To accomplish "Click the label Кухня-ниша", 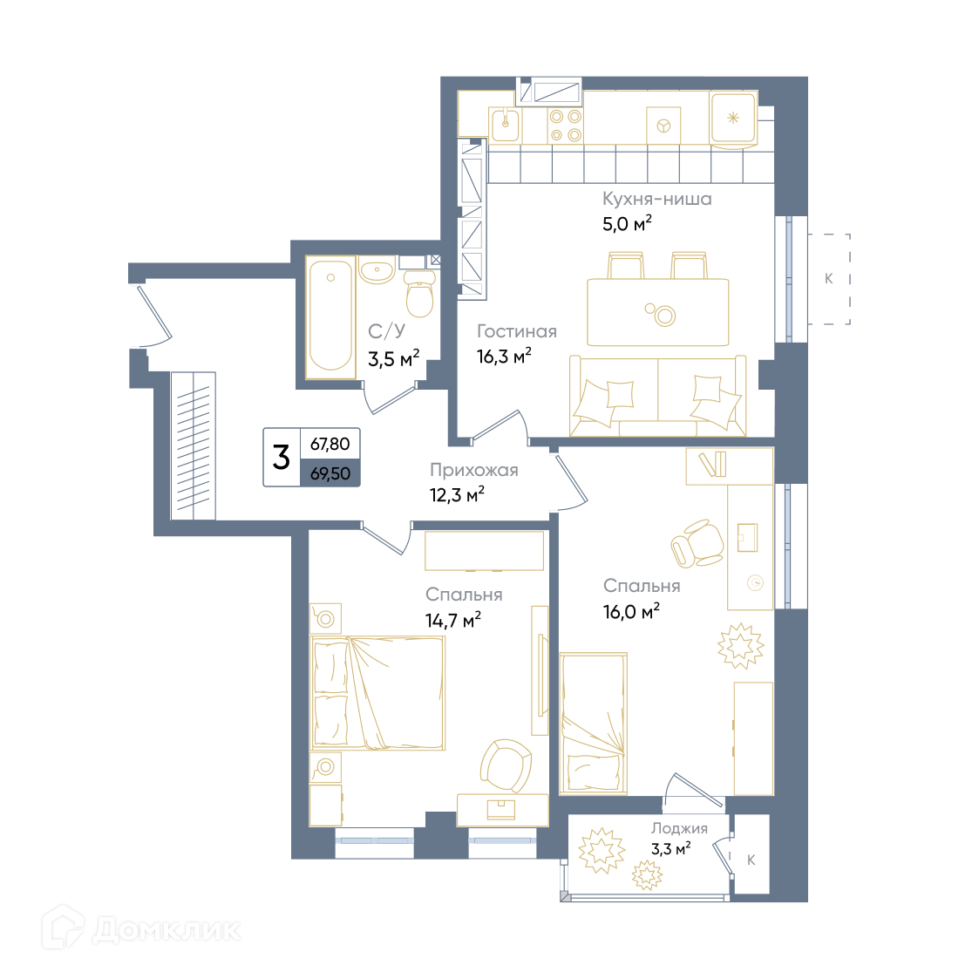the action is (656, 199).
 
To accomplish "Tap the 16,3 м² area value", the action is (504, 356).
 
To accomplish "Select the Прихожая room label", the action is (474, 470).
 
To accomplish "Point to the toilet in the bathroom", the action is (419, 294).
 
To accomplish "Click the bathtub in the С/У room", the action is (330, 317).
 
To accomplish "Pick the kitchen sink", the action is (505, 125).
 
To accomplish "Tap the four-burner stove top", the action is (566, 126).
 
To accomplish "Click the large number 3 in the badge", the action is (281, 457).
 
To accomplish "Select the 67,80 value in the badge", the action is (330, 444).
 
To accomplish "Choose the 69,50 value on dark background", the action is (330, 474).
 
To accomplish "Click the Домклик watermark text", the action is (167, 930).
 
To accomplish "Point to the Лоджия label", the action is (679, 828).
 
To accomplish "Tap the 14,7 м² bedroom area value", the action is (453, 620).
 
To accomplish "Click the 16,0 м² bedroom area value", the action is (631, 611).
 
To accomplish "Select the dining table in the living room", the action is (658, 312).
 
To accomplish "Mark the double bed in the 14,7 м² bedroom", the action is (377, 693).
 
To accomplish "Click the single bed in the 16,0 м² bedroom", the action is (593, 724).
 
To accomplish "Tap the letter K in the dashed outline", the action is (828, 278).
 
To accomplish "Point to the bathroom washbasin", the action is (377, 271).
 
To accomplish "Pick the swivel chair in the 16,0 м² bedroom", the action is (697, 543).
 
